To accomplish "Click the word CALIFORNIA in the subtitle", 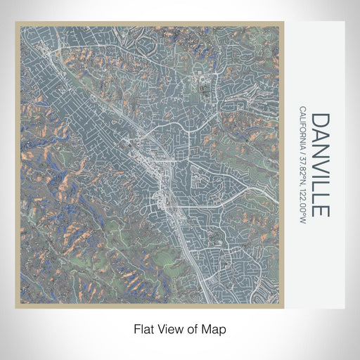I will pos(302,130).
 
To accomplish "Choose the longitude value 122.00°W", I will pos(302,204).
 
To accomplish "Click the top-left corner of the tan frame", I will pos(16,23).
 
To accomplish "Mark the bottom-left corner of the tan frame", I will pos(16,307).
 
